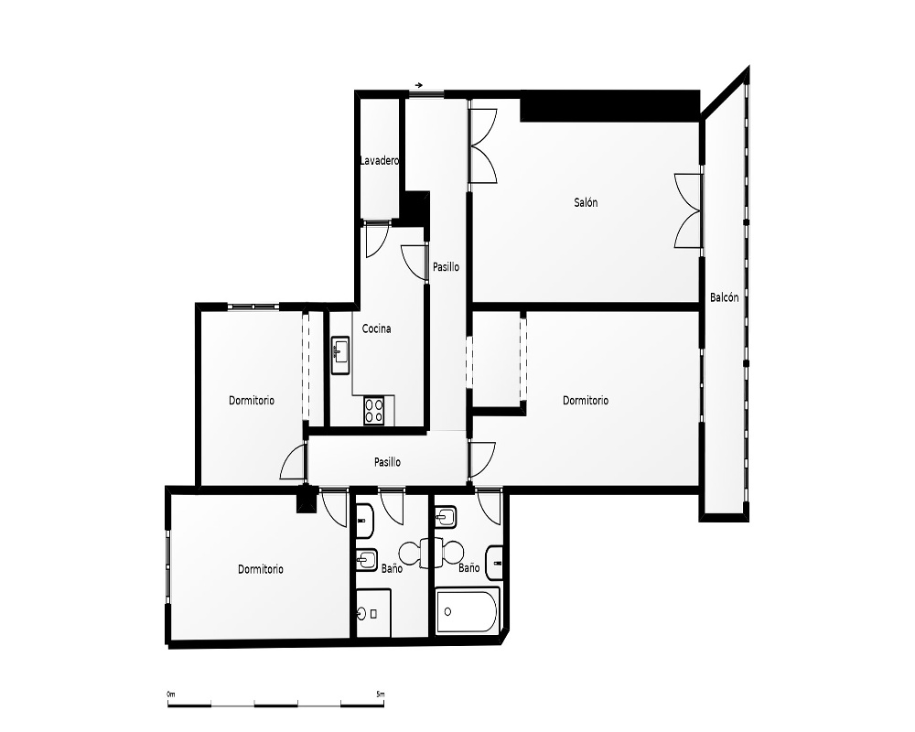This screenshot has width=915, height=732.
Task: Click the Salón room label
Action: [586, 202]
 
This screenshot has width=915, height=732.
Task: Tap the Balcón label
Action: [724, 297]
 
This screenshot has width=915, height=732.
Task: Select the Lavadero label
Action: [380, 160]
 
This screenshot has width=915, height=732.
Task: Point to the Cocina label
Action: [376, 328]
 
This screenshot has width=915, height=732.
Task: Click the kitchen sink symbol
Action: [340, 355]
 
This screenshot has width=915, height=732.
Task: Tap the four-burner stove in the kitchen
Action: [374, 410]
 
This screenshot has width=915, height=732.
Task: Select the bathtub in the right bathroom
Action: [468, 610]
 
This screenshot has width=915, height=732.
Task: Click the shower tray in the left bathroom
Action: [373, 613]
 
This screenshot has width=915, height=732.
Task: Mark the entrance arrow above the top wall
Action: [419, 85]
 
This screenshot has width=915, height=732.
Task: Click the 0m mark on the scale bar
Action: [170, 694]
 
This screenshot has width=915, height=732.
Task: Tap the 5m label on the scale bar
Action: [381, 694]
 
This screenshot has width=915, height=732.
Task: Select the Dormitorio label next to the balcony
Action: [586, 401]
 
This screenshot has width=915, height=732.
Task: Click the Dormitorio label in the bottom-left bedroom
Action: [260, 569]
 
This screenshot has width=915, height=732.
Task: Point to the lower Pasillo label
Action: [387, 462]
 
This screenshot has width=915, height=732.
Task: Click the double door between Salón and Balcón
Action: [687, 210]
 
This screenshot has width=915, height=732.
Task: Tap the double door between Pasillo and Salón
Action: [483, 145]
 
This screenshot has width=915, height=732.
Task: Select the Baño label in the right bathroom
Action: [469, 568]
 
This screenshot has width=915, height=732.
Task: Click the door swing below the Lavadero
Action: [376, 240]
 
